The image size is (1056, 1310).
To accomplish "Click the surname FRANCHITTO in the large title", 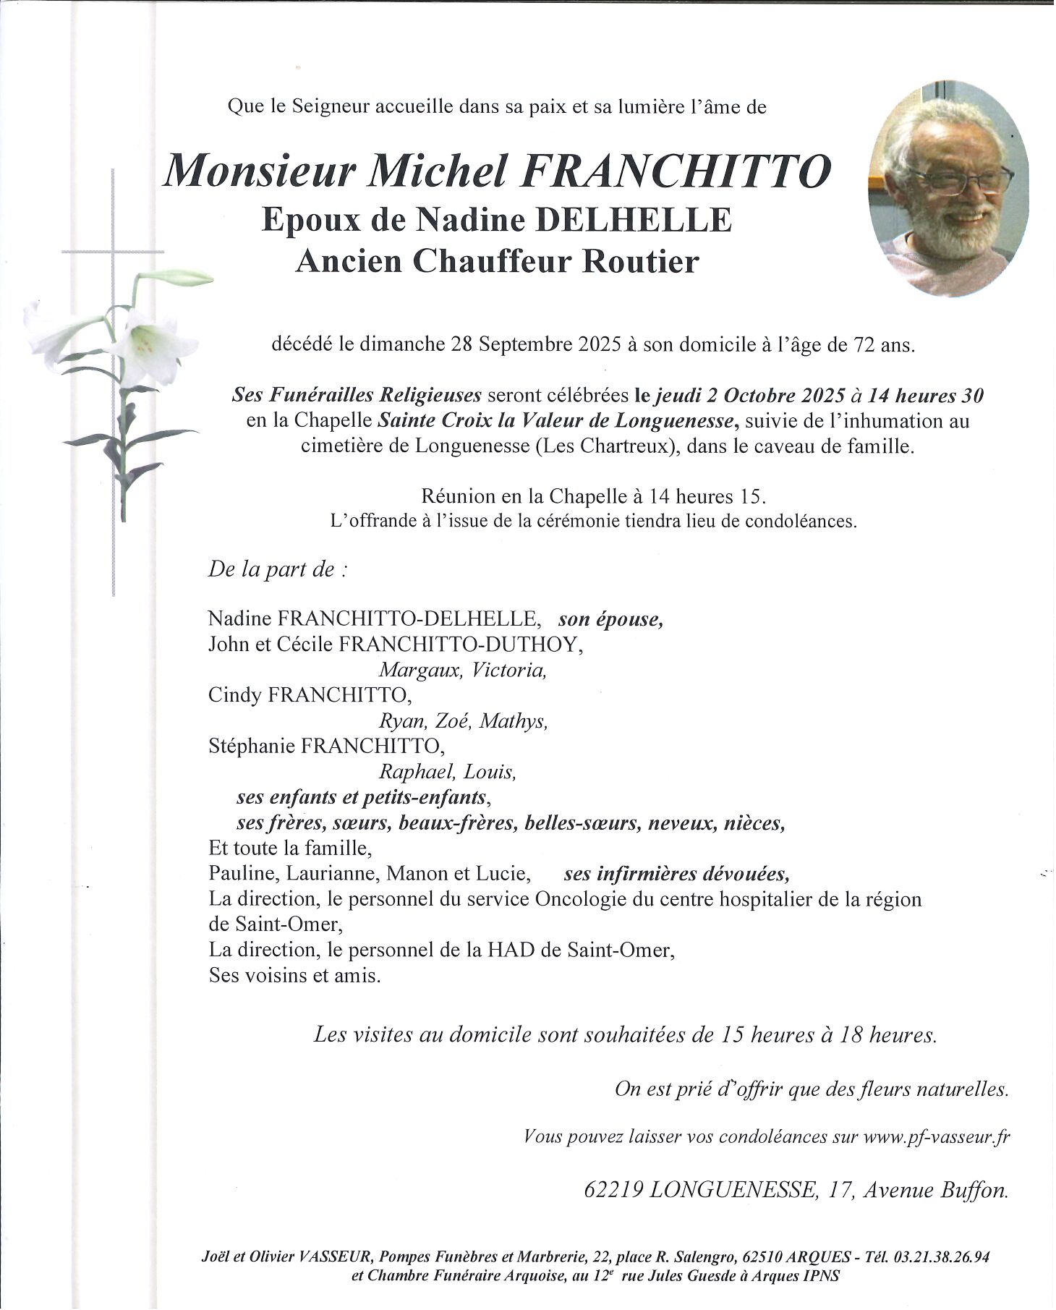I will [x=676, y=171].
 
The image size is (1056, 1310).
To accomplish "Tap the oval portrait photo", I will [x=948, y=188].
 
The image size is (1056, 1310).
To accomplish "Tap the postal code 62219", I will [x=613, y=1190].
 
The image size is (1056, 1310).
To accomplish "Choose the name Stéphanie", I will [x=252, y=746].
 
